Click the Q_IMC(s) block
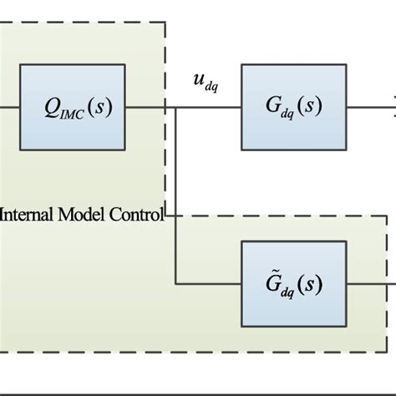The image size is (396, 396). click(74, 106)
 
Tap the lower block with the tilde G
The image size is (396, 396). click(292, 283)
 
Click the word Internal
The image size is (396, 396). click(28, 214)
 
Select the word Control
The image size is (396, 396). click(137, 214)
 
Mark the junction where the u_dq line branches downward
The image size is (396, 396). click(176, 107)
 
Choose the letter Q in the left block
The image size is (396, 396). click(52, 107)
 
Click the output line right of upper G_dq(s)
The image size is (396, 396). click(368, 107)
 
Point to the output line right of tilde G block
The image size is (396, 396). click(368, 283)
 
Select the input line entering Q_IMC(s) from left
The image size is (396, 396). click(10, 107)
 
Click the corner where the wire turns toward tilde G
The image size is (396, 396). click(176, 283)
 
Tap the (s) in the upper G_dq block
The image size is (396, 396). click(312, 106)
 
